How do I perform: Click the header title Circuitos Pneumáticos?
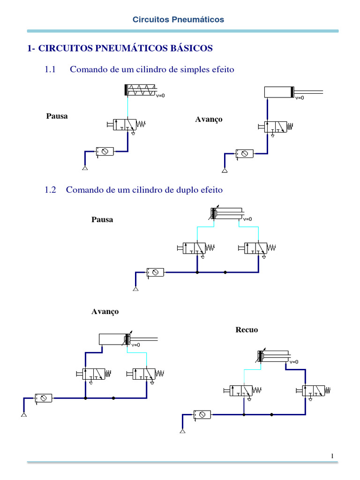(178, 20)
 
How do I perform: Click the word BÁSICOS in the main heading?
(190, 48)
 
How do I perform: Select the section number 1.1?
(50, 70)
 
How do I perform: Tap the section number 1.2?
(50, 190)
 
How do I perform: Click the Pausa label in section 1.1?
(57, 116)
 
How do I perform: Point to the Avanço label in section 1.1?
(209, 120)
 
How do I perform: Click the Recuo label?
(247, 330)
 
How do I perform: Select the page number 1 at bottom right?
(332, 456)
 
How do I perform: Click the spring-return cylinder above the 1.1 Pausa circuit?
(140, 90)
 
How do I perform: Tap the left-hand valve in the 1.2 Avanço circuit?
(93, 374)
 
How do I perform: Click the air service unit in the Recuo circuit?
(202, 414)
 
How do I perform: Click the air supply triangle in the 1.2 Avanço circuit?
(23, 415)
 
